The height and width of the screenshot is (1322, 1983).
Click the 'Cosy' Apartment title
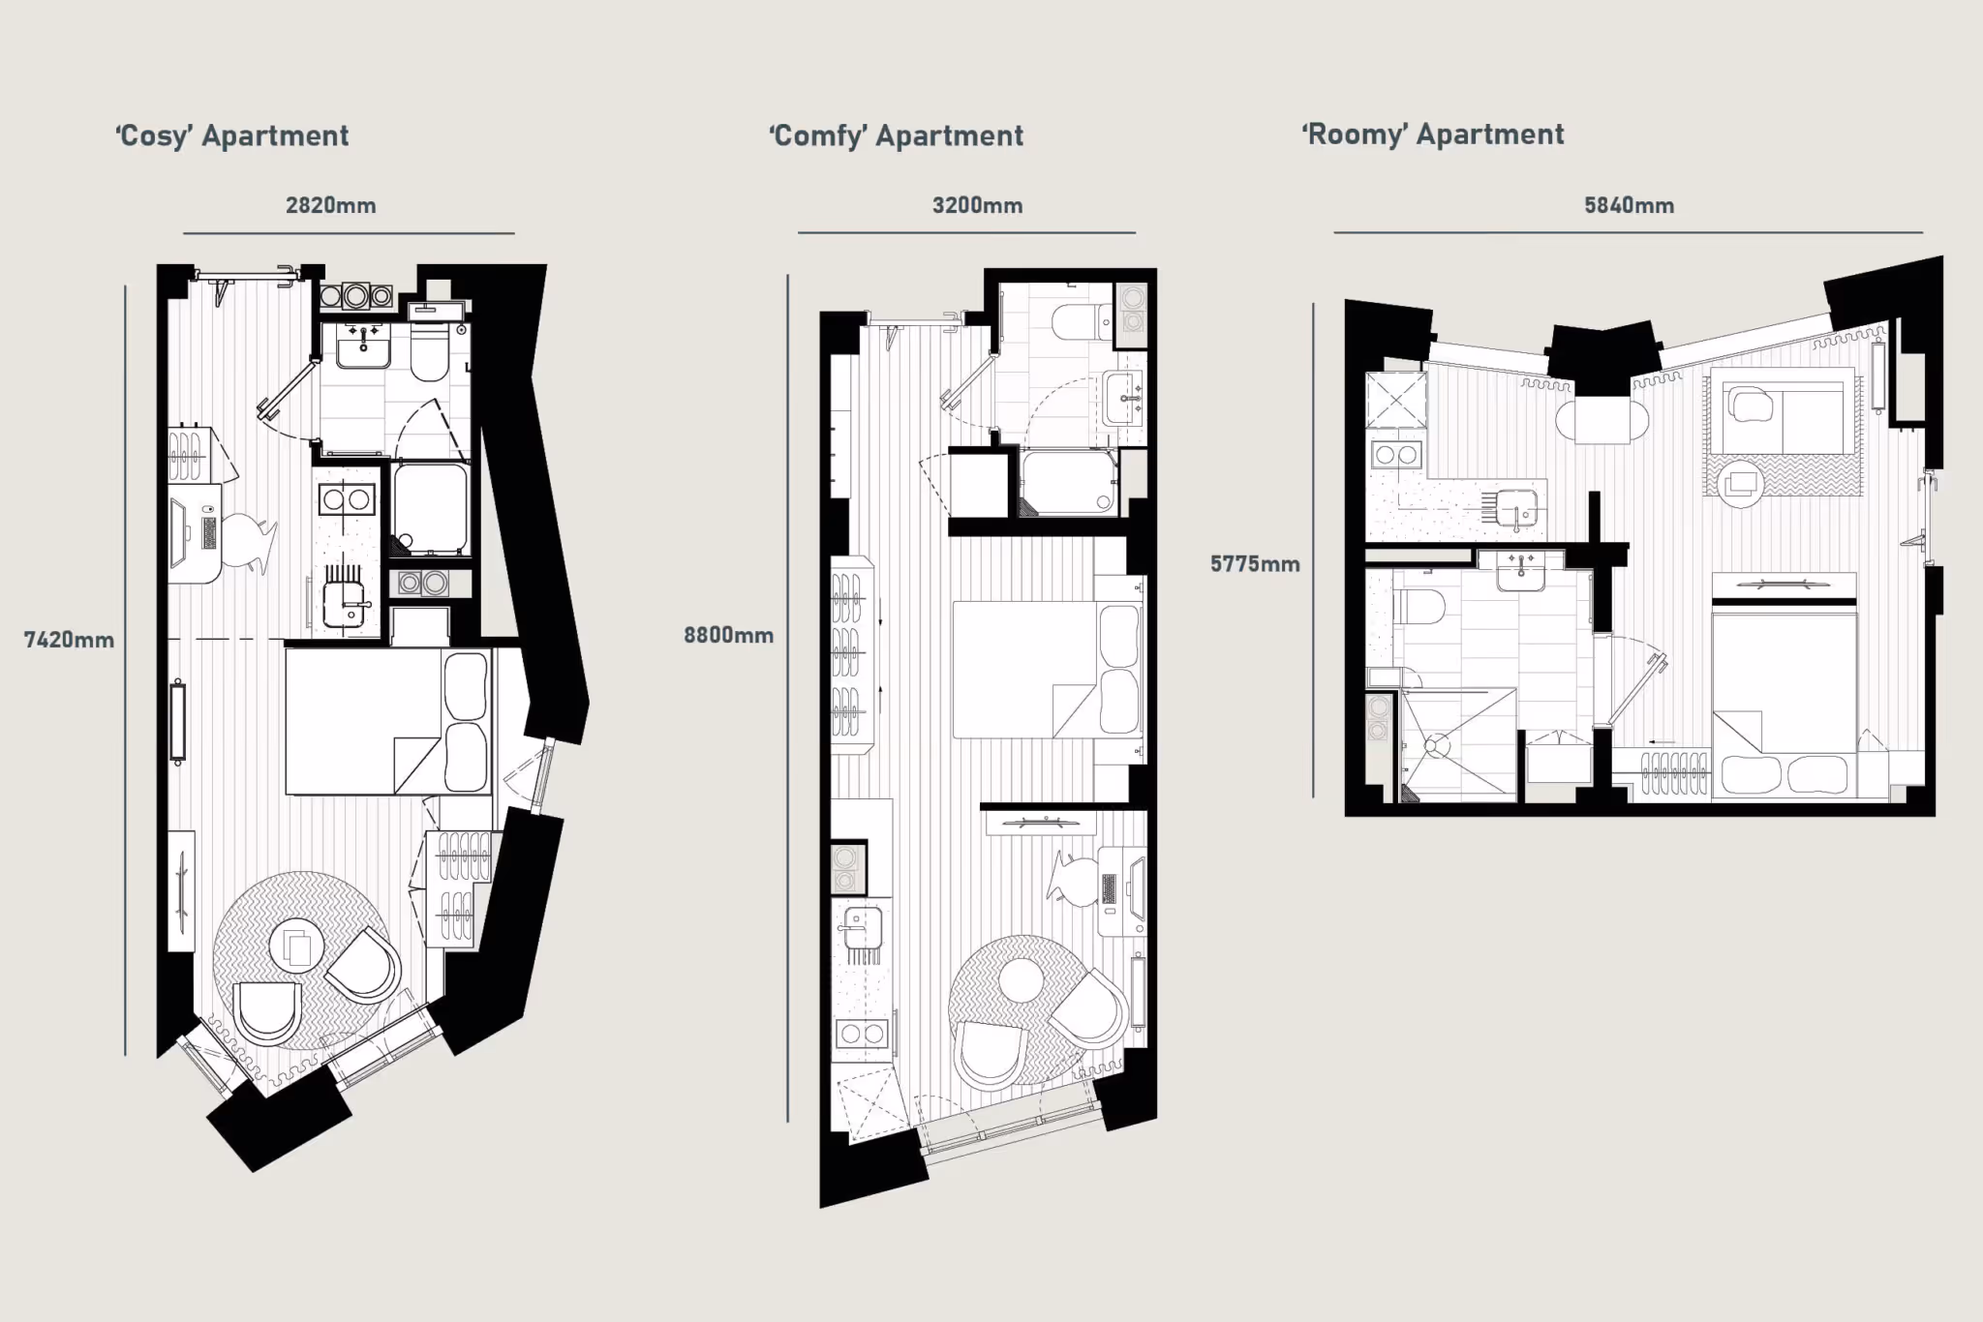[232, 136]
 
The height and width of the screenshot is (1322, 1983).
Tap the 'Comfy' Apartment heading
[896, 136]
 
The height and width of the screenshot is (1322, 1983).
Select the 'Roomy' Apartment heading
[1433, 135]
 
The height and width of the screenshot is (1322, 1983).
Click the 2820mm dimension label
[331, 205]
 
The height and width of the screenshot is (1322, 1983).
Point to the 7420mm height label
[69, 640]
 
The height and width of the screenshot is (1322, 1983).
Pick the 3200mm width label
[977, 205]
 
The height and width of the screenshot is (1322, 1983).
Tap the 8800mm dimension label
[728, 636]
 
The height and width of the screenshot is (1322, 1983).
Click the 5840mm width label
[1629, 205]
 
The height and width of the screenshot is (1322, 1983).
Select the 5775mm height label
[1255, 564]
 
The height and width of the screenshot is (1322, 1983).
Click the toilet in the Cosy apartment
[429, 350]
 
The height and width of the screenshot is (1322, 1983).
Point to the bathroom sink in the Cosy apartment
[363, 345]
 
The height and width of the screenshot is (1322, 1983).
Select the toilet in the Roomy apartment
[1419, 608]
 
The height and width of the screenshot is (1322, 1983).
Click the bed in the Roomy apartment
[1785, 702]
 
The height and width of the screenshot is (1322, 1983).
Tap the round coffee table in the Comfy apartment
[1021, 980]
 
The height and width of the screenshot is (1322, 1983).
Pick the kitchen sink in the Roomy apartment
[1515, 508]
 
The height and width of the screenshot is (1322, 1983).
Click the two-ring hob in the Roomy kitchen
[1395, 454]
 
